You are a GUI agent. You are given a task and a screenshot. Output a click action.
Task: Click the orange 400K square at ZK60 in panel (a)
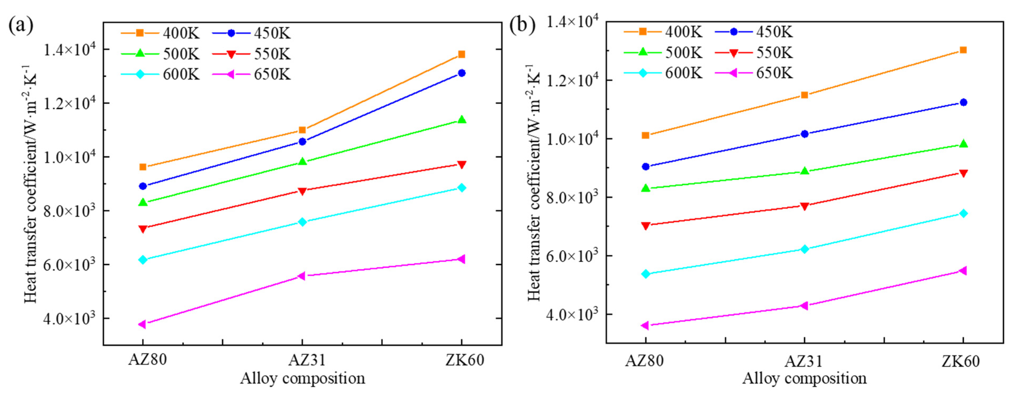tap(462, 54)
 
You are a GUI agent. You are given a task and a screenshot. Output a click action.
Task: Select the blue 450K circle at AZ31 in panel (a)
tap(302, 142)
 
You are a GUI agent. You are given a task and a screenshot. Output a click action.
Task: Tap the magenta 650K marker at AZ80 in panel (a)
tap(143, 324)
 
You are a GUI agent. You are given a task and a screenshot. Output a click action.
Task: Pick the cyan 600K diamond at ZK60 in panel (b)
tap(963, 214)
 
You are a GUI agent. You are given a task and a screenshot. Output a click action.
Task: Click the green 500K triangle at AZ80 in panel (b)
tap(645, 189)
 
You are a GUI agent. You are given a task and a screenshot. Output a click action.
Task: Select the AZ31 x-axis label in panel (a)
tap(302, 360)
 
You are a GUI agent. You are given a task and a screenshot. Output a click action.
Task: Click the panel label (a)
tap(20, 26)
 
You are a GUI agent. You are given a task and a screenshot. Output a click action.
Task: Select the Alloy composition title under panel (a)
tap(303, 378)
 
